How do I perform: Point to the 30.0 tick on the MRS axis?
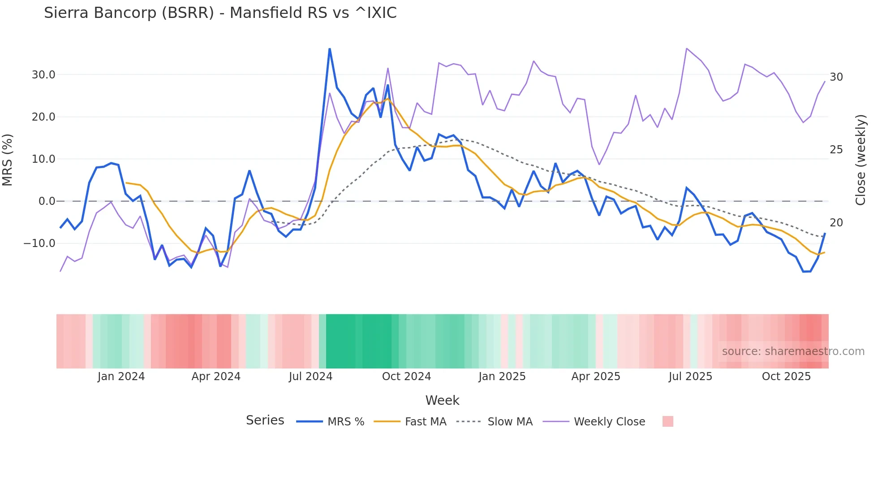tap(43, 75)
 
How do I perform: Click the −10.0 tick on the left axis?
tap(39, 243)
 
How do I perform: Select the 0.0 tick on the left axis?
tap(47, 201)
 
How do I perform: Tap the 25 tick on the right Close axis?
tap(836, 150)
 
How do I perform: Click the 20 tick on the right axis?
tap(836, 223)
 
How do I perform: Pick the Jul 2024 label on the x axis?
tap(310, 377)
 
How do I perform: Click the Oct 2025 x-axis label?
tap(786, 377)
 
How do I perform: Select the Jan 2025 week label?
tap(502, 377)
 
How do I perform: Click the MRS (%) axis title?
tap(8, 160)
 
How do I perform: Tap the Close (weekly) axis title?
tap(861, 160)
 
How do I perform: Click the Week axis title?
tap(442, 400)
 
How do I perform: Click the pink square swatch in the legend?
tap(667, 421)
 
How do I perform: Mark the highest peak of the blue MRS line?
tap(330, 49)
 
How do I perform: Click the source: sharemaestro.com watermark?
tap(793, 351)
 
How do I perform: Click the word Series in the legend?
tap(265, 420)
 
